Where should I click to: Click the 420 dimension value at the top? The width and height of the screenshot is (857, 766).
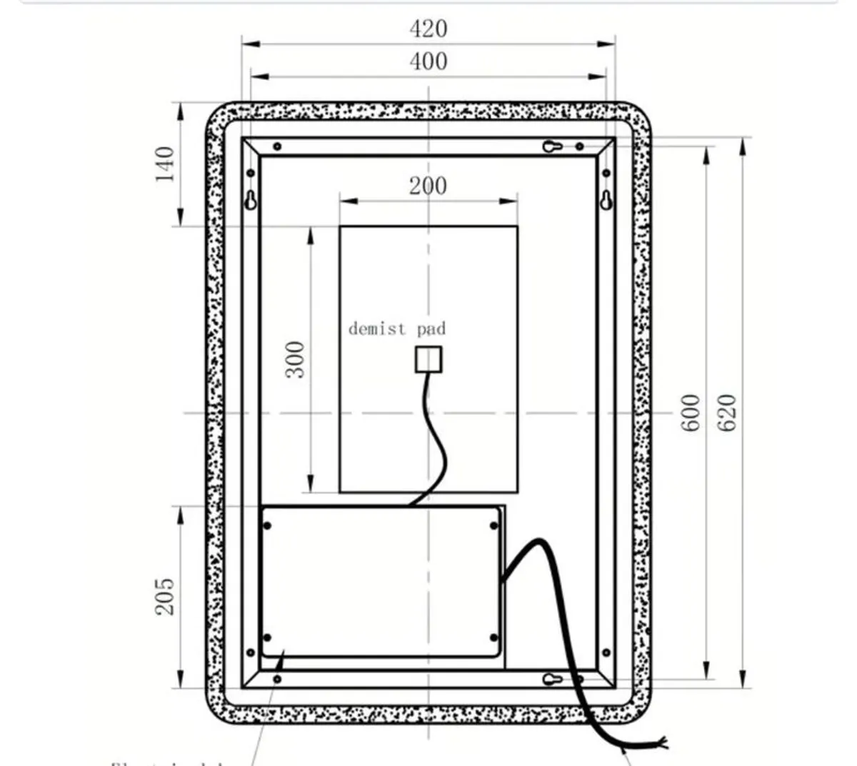[x=428, y=29]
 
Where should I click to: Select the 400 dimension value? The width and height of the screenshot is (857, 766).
[x=428, y=61]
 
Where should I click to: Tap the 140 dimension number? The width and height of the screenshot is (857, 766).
[x=165, y=163]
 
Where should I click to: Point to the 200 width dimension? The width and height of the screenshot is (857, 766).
[x=428, y=186]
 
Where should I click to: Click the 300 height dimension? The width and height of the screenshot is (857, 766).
[x=295, y=359]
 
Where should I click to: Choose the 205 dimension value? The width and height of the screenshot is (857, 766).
[x=165, y=596]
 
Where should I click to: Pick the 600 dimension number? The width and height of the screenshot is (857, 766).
[x=690, y=412]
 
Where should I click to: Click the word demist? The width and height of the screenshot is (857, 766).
[x=377, y=328]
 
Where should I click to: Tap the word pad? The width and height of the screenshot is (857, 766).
[x=431, y=328]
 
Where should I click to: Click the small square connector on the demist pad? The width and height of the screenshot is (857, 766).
[x=428, y=359]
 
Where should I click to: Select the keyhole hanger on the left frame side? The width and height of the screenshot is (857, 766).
[x=251, y=199]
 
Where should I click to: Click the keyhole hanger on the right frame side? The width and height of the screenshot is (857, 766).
[x=606, y=199]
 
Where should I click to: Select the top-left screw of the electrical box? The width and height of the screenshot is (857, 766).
[x=268, y=526]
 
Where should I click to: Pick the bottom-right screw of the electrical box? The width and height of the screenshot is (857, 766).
[x=493, y=638]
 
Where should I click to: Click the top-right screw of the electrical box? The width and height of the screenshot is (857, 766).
[x=493, y=526]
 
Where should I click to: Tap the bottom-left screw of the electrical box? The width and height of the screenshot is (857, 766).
[x=268, y=638]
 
